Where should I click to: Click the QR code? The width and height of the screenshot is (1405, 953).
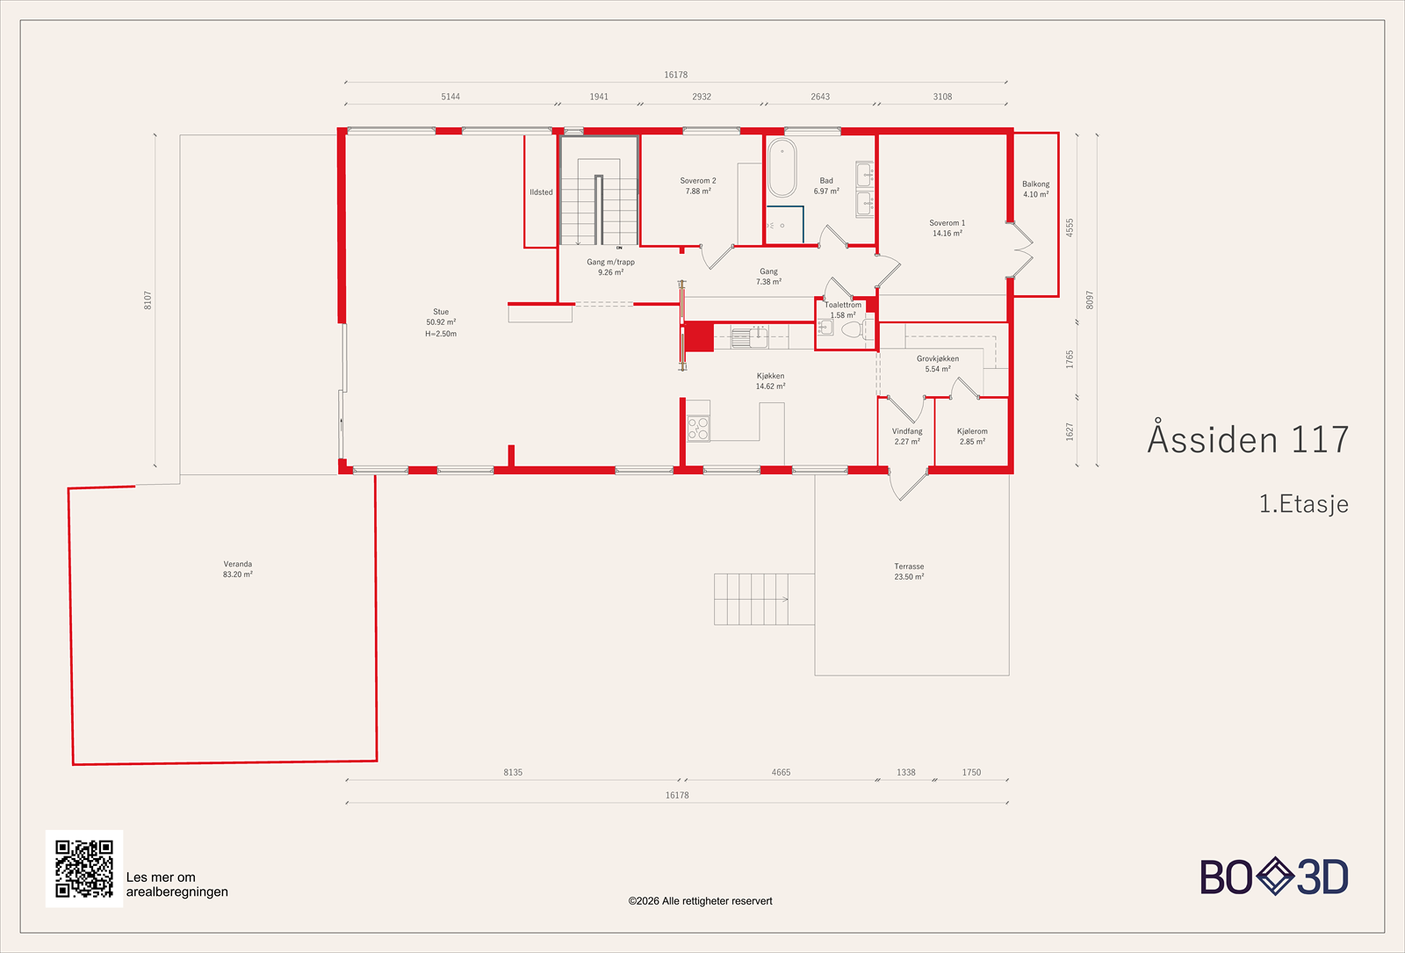click(84, 869)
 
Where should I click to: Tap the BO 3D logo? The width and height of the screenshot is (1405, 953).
click(1274, 877)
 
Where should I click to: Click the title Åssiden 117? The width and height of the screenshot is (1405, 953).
click(1248, 439)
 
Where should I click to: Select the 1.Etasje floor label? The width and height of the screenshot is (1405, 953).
click(1303, 504)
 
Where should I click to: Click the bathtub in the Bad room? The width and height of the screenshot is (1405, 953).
click(782, 168)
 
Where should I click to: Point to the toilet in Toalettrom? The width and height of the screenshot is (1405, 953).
click(852, 330)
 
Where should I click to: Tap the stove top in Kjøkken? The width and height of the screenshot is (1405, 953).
click(698, 429)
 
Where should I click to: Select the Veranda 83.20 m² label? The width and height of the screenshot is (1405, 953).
click(237, 569)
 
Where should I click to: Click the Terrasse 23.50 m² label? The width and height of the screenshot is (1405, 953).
click(909, 572)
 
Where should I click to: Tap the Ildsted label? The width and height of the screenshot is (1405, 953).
click(541, 192)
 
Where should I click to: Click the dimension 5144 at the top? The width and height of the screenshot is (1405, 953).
click(450, 97)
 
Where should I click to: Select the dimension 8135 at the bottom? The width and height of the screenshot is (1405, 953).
click(513, 772)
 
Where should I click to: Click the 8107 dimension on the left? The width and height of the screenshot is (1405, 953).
click(148, 300)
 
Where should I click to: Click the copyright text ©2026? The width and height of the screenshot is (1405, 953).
click(700, 901)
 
